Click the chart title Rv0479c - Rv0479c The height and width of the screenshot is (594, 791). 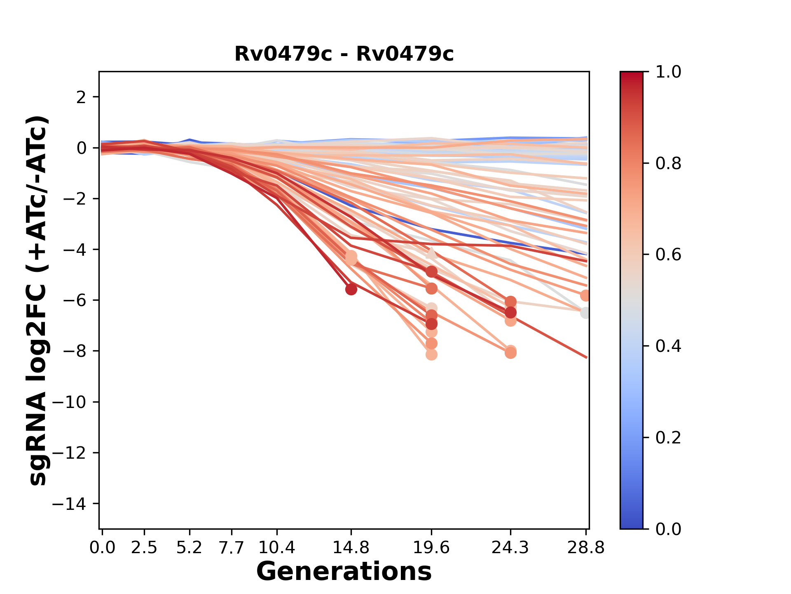344,54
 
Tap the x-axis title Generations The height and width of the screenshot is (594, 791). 344,571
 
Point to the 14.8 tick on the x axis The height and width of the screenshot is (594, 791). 351,548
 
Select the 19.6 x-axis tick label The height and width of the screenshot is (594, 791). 431,548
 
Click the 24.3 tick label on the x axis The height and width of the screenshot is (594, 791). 510,548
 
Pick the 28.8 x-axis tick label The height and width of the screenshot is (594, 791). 586,548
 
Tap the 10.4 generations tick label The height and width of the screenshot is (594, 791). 276,548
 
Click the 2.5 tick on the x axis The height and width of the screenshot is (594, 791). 144,548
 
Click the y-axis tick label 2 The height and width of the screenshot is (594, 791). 82,97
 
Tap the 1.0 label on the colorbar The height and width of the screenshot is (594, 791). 668,72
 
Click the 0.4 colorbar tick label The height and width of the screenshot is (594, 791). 668,346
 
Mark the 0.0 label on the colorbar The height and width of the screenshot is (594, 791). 668,529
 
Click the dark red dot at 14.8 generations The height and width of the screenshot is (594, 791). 351,289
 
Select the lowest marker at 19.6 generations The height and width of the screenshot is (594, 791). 431,355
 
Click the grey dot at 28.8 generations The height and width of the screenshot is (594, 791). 585,313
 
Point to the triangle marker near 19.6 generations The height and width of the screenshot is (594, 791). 431,253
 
